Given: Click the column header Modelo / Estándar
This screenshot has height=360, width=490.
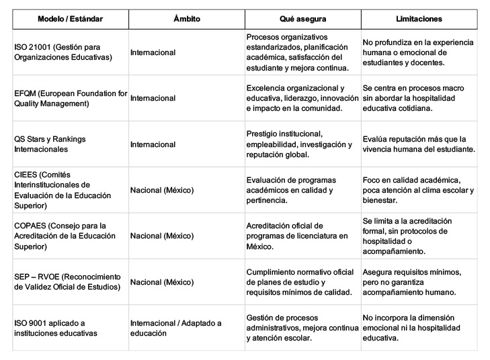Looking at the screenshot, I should pos(70,19).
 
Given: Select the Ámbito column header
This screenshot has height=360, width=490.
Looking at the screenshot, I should pos(186,19).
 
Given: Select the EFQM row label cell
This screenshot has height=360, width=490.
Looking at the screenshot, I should pos(70,98).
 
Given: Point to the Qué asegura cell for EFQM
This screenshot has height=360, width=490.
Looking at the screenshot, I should pos(300,98).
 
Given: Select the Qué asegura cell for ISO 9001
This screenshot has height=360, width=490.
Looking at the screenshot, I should pos(299,328).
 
